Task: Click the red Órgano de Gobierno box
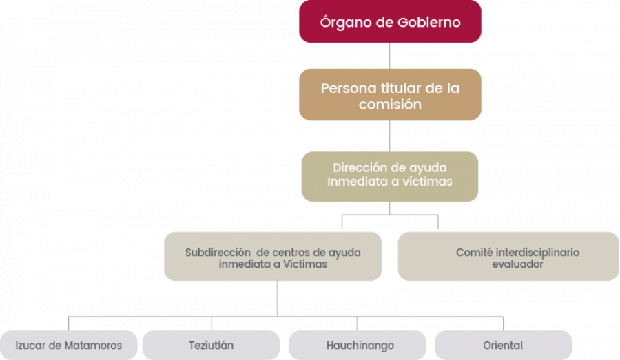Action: pyautogui.click(x=390, y=21)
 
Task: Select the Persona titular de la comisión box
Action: pyautogui.click(x=390, y=94)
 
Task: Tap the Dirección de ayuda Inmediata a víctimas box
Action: pyautogui.click(x=389, y=177)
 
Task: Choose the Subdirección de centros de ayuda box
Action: pyautogui.click(x=273, y=256)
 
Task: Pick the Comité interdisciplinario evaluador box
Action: pyautogui.click(x=508, y=256)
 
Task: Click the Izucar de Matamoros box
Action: pyautogui.click(x=69, y=345)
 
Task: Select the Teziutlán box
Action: pyautogui.click(x=211, y=345)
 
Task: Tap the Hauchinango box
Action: pyautogui.click(x=358, y=345)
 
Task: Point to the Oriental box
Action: pyautogui.click(x=504, y=345)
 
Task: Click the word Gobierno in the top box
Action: pyautogui.click(x=428, y=22)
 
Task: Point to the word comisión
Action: pyautogui.click(x=390, y=105)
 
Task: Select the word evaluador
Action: pyautogui.click(x=517, y=264)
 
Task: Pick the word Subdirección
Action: pyautogui.click(x=218, y=252)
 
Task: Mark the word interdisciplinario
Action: pyautogui.click(x=537, y=252)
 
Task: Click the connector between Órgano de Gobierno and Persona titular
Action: pyautogui.click(x=389, y=56)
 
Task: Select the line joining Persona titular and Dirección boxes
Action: pyautogui.click(x=389, y=136)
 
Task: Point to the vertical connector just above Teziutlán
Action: pyautogui.click(x=211, y=324)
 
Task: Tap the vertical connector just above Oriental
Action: pyautogui.click(x=504, y=324)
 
